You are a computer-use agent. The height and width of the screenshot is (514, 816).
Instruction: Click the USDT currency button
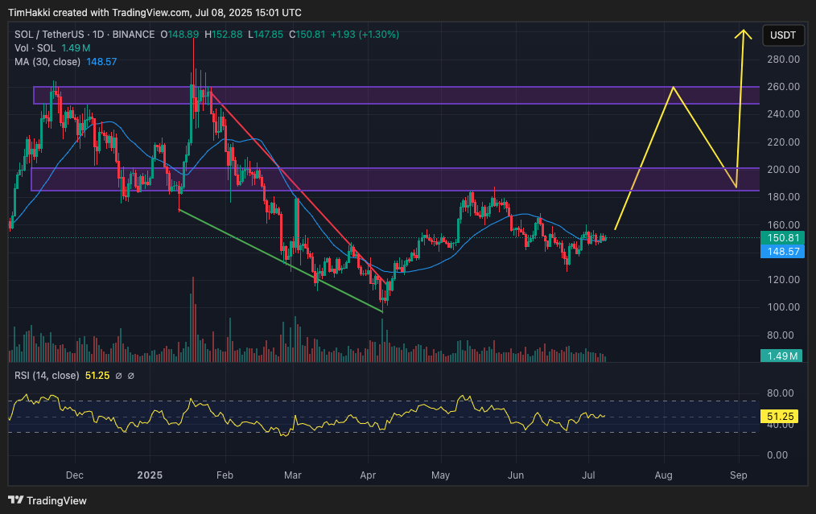coord(783,35)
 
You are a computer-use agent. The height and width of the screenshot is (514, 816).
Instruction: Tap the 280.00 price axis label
coord(782,60)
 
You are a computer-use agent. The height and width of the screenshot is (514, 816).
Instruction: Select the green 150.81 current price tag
coord(782,238)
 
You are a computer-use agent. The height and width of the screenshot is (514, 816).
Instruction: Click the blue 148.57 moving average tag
coord(782,252)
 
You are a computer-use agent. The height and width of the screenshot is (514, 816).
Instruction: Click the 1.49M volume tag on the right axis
coord(782,356)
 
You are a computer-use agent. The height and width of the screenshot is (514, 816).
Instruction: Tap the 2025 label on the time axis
coord(149,475)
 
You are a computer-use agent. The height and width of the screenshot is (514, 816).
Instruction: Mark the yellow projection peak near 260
coord(673,87)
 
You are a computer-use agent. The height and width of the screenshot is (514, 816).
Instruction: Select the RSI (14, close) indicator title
coord(47,376)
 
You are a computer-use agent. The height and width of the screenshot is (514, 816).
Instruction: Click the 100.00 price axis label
coord(782,307)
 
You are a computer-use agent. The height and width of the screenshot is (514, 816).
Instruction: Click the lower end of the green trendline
coord(381,311)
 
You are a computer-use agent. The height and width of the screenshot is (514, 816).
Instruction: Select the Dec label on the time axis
coord(74,475)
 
